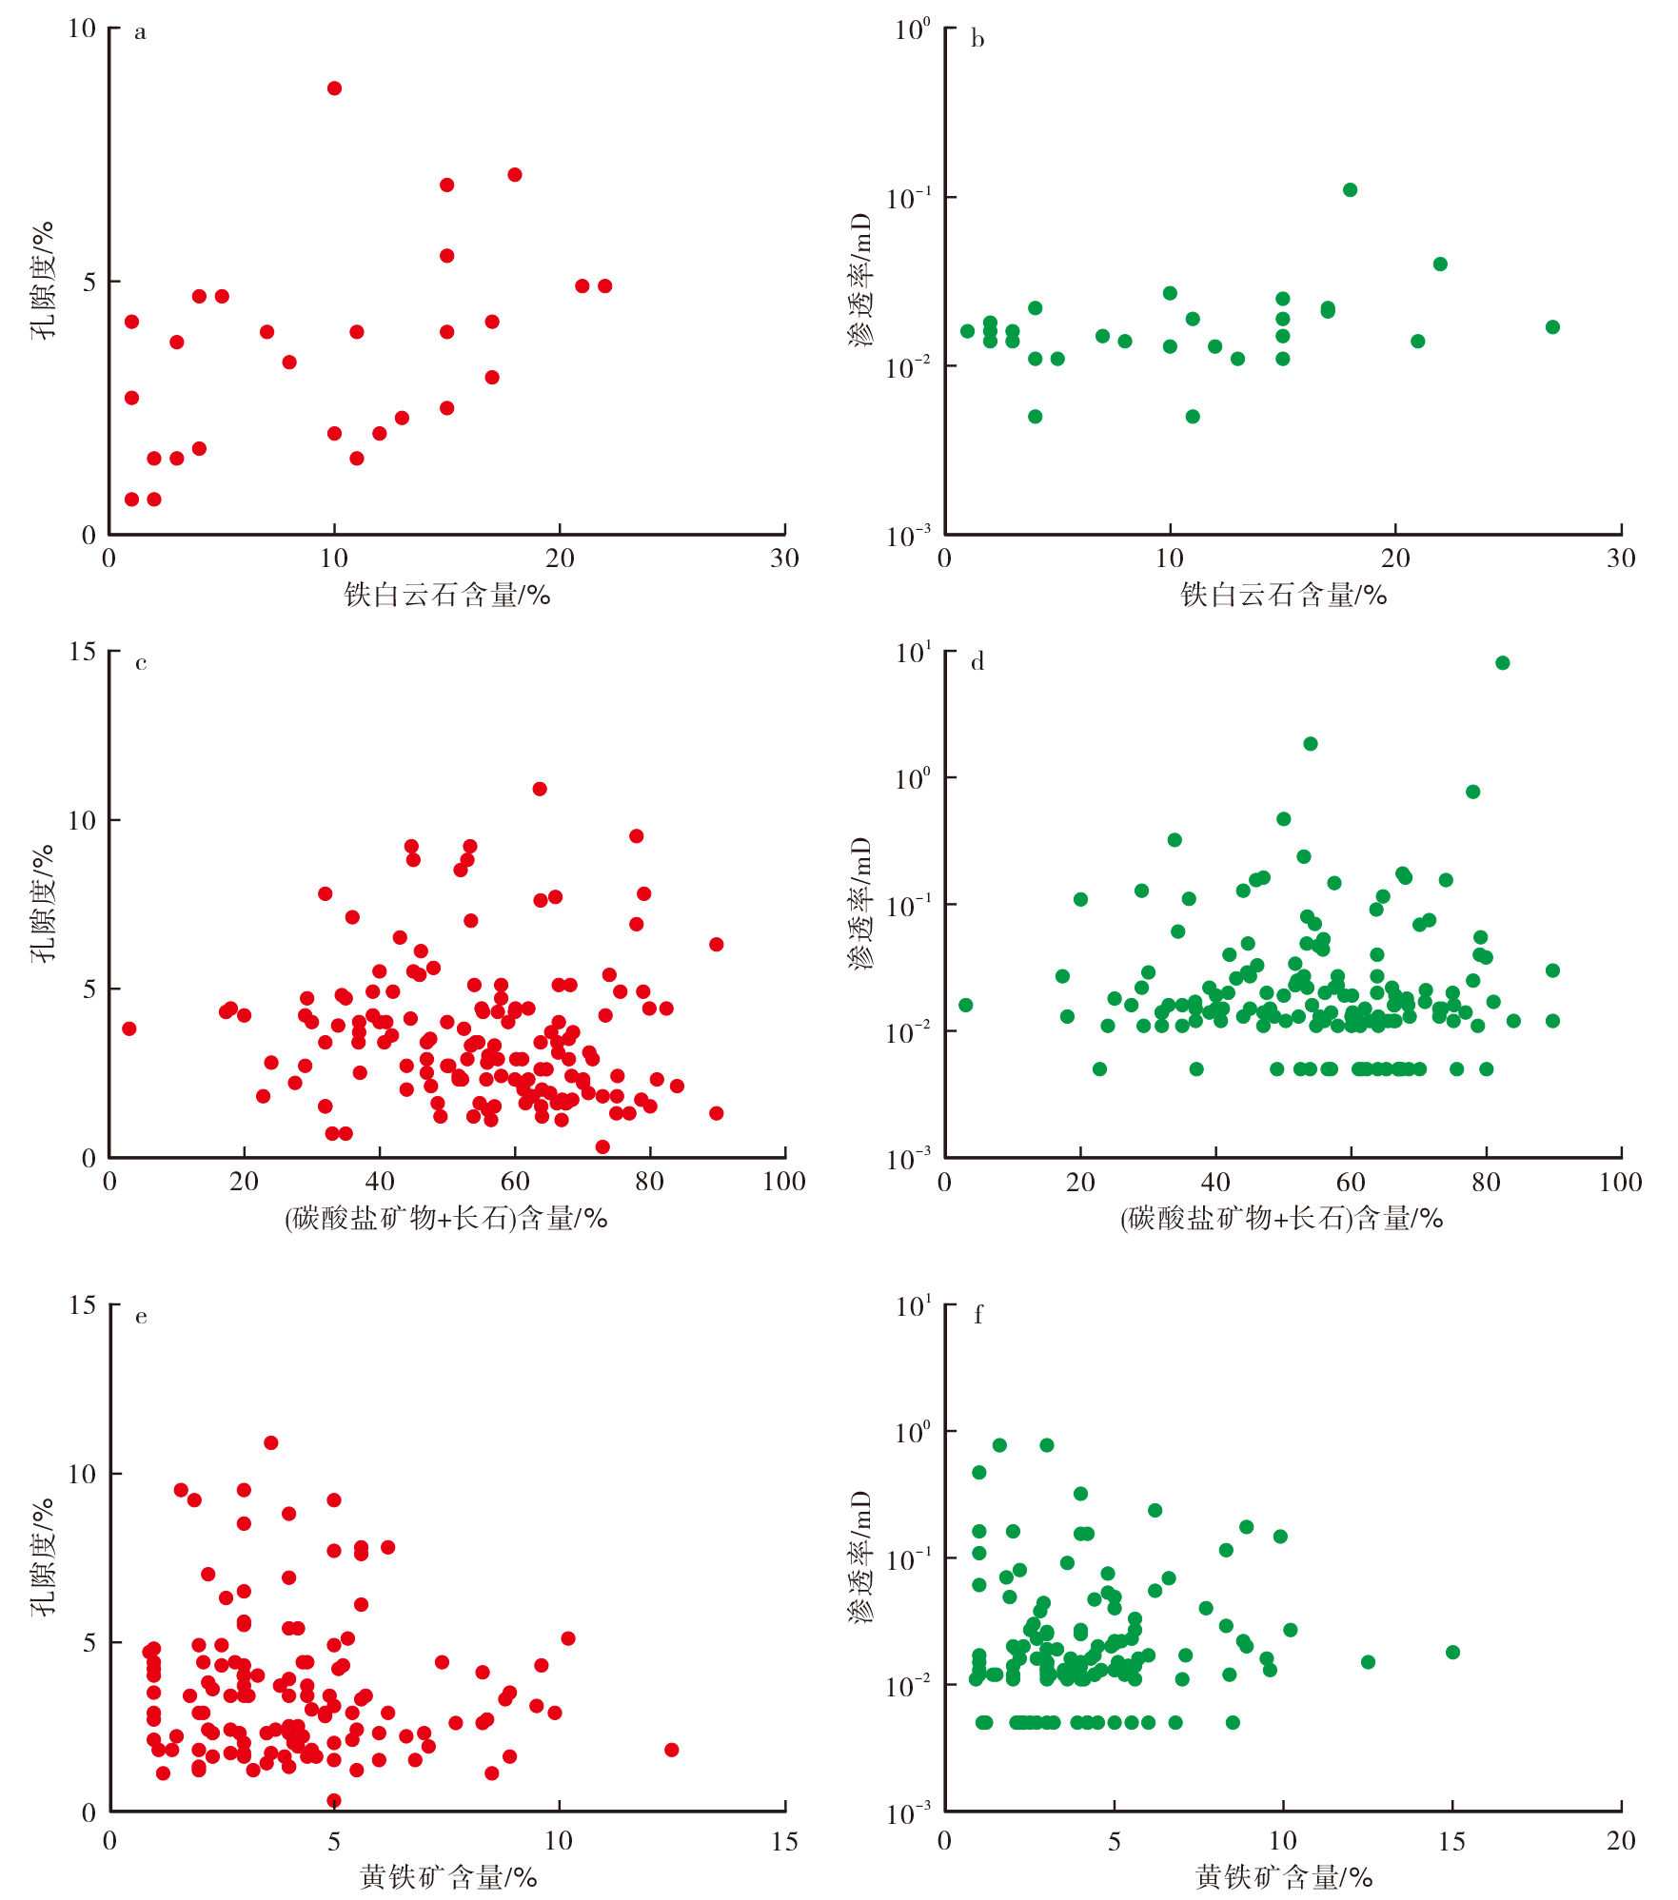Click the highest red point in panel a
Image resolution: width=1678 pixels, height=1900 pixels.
click(334, 88)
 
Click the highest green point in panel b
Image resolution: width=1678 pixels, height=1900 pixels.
click(1350, 190)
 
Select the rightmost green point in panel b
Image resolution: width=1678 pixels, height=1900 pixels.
click(1552, 327)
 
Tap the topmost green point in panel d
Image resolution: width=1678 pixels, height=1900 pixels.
click(1502, 663)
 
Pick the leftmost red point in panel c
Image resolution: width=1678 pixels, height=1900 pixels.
click(129, 1028)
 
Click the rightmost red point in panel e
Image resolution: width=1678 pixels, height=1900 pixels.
click(671, 1750)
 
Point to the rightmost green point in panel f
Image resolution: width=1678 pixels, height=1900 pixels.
click(1452, 1653)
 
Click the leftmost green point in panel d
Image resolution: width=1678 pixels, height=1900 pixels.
click(965, 1006)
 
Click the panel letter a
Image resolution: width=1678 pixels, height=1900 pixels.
click(141, 33)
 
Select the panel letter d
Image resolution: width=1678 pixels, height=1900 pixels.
click(977, 662)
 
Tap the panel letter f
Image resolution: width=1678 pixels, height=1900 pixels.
click(977, 1315)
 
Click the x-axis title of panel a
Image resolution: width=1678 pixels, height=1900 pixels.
click(446, 596)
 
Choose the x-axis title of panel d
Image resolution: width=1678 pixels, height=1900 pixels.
click(1281, 1218)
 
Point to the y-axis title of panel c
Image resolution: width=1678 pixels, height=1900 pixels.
click(43, 904)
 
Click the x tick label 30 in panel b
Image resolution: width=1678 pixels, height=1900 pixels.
click(1620, 558)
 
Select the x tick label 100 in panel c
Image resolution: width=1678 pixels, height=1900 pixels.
click(783, 1182)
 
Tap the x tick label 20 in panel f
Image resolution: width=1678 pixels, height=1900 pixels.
click(1620, 1841)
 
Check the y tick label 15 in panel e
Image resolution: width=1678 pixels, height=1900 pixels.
click(83, 1305)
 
